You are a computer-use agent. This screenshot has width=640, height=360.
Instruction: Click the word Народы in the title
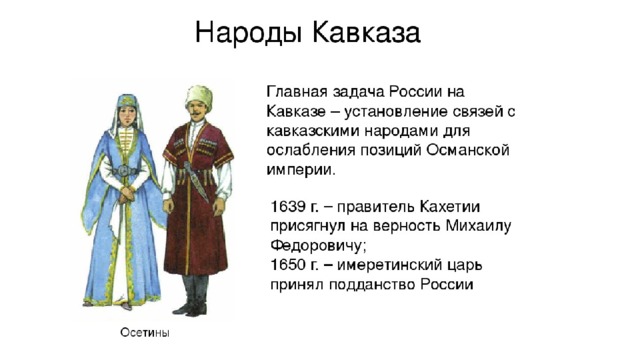tap(248, 33)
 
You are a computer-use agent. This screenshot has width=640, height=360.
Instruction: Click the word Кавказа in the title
tap(366, 32)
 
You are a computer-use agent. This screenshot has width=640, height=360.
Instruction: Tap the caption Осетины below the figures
tap(144, 333)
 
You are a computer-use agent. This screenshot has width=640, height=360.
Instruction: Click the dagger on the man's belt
tap(196, 181)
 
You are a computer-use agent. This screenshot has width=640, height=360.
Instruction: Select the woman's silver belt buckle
tap(124, 171)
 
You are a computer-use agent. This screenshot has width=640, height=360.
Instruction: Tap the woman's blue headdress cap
tap(127, 101)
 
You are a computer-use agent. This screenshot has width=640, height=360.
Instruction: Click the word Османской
tap(468, 150)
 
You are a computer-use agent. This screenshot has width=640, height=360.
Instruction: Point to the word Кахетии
tap(449, 207)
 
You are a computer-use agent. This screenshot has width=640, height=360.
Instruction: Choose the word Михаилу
tap(478, 226)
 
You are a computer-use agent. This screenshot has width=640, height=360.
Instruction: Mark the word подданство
tap(373, 285)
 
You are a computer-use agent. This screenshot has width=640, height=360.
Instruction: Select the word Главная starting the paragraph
tap(297, 91)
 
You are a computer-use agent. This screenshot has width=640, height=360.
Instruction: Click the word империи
tap(301, 170)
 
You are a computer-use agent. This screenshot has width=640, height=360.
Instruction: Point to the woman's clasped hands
tap(127, 193)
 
